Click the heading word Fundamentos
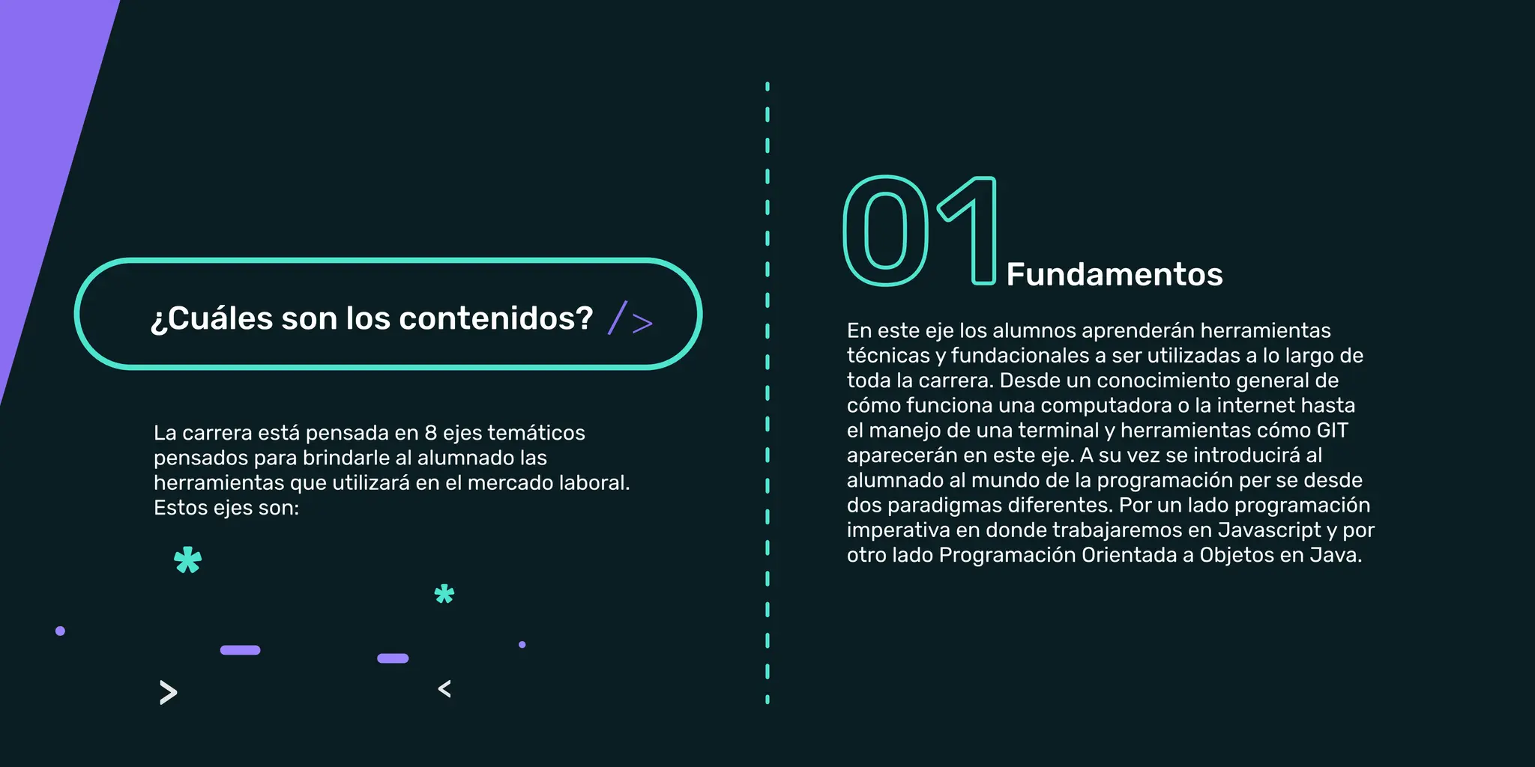click(x=1114, y=275)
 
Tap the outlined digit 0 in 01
click(x=886, y=231)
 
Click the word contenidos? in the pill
click(x=496, y=318)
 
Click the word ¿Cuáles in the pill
click(x=212, y=318)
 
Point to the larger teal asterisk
click(x=187, y=560)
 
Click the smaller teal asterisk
click(x=444, y=595)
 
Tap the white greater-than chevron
click(x=169, y=693)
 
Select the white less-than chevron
click(x=444, y=689)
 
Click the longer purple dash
click(x=240, y=650)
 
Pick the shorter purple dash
click(x=393, y=658)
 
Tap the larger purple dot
click(x=61, y=631)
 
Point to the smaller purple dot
click(x=522, y=644)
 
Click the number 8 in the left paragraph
click(x=430, y=433)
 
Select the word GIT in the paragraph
click(x=1332, y=431)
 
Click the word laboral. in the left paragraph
click(x=595, y=483)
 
